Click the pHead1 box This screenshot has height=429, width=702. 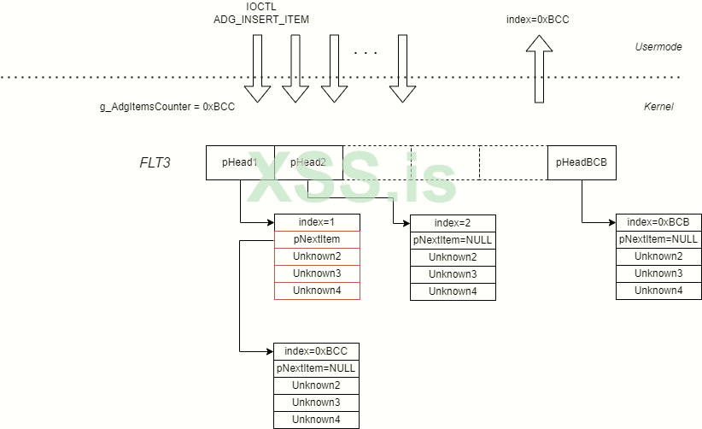click(240, 162)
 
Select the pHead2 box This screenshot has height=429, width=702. click(308, 162)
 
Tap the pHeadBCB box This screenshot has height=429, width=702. click(582, 162)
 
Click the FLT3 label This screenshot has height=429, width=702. click(155, 162)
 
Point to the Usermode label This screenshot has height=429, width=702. click(658, 47)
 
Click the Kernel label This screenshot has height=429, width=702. click(658, 107)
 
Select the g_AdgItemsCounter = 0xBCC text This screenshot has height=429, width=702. click(167, 108)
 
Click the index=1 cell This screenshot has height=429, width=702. click(317, 222)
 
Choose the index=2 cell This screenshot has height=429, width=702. click(453, 222)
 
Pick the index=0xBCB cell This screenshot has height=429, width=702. click(658, 222)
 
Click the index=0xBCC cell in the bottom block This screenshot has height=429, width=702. click(316, 351)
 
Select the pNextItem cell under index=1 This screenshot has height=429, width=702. click(317, 239)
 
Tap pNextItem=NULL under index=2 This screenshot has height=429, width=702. click(453, 240)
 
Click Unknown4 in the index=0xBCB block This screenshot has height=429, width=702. click(658, 291)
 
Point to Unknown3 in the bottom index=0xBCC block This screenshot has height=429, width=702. click(316, 403)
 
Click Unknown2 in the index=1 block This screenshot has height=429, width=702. click(317, 256)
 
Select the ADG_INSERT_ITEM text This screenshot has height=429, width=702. click(261, 19)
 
